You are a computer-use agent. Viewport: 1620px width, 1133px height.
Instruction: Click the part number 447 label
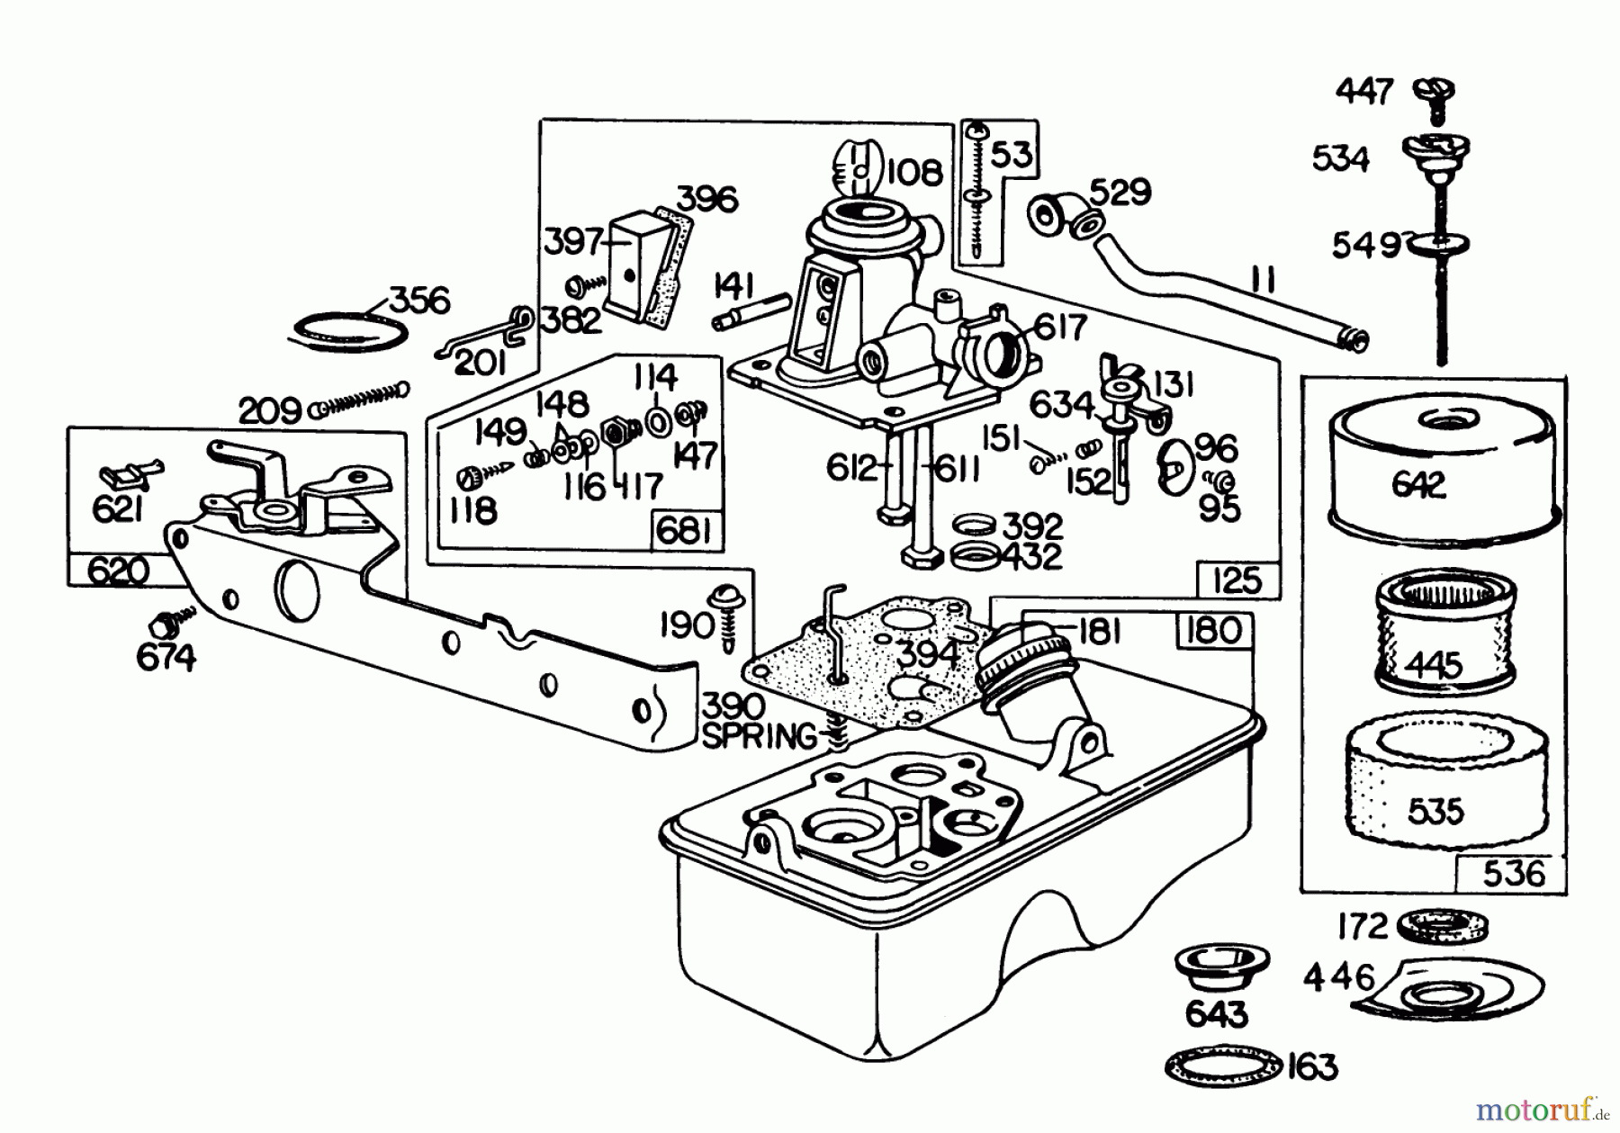(x=1364, y=91)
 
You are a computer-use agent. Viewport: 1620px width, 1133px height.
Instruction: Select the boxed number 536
(x=1513, y=872)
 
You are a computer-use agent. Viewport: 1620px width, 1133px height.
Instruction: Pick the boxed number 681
(x=684, y=531)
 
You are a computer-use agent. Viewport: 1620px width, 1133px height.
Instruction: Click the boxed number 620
(x=119, y=570)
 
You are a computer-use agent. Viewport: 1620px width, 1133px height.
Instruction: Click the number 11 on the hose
(x=1264, y=281)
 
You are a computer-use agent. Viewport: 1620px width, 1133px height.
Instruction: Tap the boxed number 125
(x=1237, y=580)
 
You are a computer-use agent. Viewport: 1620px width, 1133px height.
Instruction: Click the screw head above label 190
(x=725, y=597)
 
